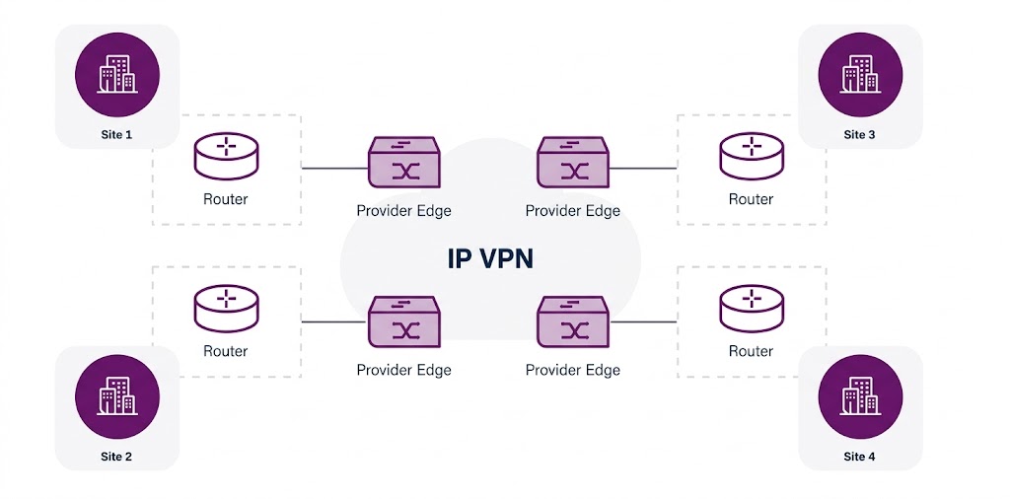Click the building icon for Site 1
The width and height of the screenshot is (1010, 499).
(117, 74)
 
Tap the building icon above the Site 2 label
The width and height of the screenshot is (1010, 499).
(117, 396)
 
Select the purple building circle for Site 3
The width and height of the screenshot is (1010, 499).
(860, 74)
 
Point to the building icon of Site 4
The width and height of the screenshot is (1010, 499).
(860, 396)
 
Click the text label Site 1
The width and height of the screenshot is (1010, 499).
(116, 134)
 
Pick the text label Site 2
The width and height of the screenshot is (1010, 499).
(116, 457)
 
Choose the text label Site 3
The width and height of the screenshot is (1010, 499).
(859, 134)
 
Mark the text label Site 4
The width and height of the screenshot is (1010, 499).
(859, 457)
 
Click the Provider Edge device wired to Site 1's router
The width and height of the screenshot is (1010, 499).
(403, 163)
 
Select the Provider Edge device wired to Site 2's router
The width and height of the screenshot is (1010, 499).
(403, 322)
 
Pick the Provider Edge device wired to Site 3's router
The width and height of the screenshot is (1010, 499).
(573, 163)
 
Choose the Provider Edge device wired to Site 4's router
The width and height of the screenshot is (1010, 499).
(573, 322)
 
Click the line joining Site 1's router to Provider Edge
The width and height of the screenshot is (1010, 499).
(333, 169)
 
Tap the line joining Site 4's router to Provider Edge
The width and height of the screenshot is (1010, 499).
(643, 321)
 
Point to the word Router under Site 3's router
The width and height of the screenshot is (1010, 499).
(751, 199)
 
